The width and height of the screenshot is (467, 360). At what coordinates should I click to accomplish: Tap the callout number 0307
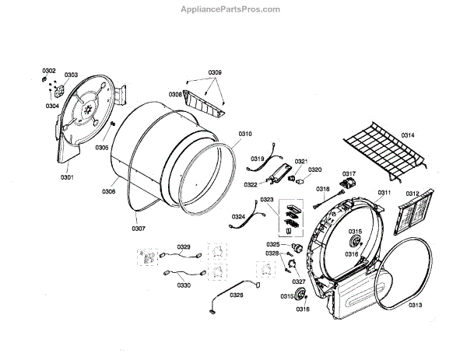click(x=138, y=229)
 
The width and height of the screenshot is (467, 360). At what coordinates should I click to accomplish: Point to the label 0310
click(x=244, y=134)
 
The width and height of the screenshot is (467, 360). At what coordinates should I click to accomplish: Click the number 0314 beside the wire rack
click(x=408, y=135)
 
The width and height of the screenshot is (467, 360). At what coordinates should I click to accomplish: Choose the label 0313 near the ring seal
click(x=414, y=304)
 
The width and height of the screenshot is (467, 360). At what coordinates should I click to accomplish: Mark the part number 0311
click(x=384, y=192)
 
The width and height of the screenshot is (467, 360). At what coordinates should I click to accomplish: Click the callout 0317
click(x=349, y=173)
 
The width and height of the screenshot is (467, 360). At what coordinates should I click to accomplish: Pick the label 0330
click(x=184, y=285)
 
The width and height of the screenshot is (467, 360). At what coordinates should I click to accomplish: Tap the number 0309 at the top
click(x=215, y=72)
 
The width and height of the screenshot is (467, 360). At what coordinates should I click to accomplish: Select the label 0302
click(x=49, y=71)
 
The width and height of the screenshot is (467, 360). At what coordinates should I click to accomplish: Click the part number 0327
click(x=299, y=281)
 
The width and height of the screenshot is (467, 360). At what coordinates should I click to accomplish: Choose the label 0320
click(x=314, y=169)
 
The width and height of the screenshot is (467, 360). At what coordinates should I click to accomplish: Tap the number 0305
click(x=102, y=147)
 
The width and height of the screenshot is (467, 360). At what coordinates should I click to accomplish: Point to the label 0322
click(x=251, y=184)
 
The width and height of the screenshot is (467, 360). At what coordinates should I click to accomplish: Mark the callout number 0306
click(x=109, y=190)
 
